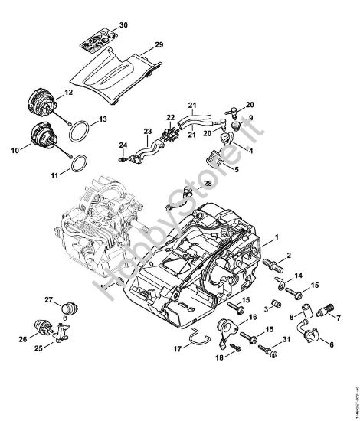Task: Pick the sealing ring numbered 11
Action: pos(77,164)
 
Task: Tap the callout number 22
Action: pos(171,117)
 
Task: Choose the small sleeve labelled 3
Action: pos(269,308)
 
